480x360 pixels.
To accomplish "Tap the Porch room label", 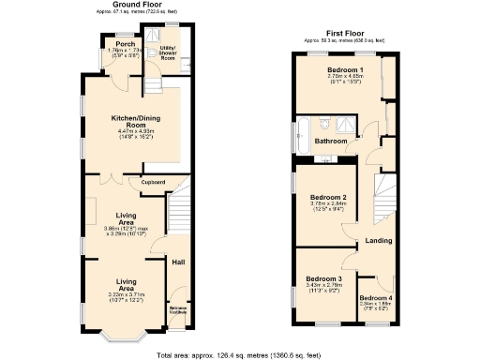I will coord(121,44).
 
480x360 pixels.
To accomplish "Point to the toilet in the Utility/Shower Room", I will coord(175,68).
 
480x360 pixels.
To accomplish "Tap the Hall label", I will coord(178,262).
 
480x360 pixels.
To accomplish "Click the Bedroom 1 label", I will coord(345,71).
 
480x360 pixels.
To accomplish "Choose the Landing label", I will coord(378,241).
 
